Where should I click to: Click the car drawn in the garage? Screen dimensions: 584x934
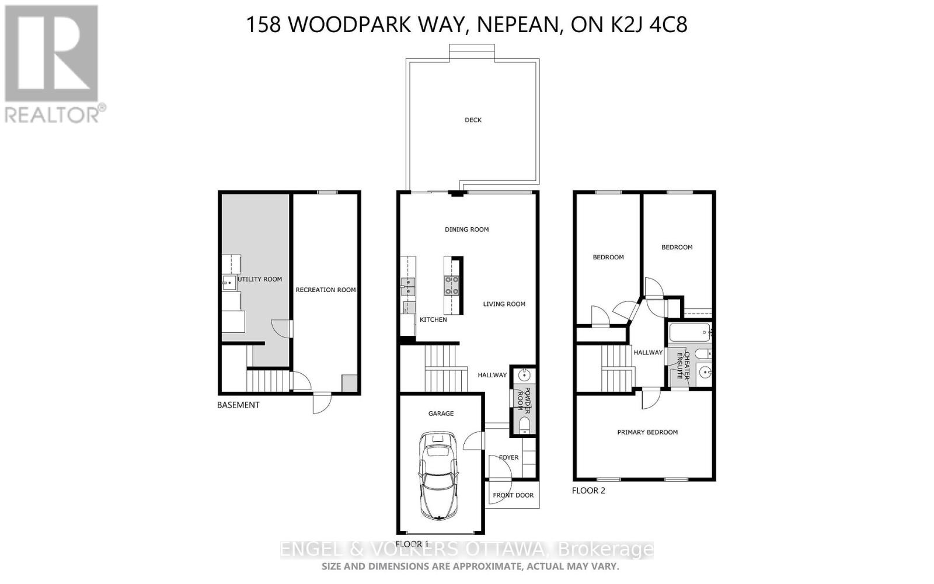441,476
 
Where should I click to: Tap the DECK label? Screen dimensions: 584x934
473,120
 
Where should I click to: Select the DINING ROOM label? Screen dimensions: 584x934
466,230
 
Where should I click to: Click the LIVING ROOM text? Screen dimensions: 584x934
504,304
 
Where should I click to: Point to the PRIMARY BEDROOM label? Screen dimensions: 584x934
647,432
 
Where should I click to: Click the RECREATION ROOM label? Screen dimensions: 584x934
325,290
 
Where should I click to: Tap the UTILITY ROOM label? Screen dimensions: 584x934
260,279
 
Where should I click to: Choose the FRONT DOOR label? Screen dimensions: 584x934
513,495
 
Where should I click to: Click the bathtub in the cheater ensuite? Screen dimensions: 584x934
689,333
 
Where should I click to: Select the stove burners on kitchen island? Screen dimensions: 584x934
452,286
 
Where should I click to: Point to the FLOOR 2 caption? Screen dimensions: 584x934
588,491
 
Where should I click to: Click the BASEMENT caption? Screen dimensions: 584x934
238,405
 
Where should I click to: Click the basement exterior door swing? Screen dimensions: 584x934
322,402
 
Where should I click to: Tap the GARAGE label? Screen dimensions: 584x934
441,413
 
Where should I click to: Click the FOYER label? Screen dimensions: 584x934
508,457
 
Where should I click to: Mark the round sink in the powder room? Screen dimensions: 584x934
524,374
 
